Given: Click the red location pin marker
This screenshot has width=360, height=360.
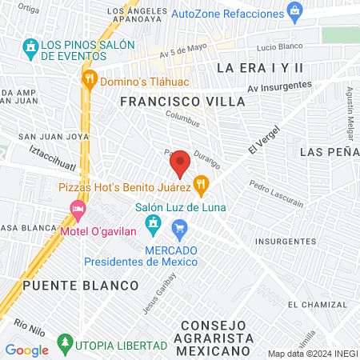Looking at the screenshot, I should tap(180, 163).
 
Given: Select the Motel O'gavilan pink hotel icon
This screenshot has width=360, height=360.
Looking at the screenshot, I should tap(78, 210).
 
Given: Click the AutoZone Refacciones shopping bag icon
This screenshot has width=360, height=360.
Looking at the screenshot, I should tap(296, 12).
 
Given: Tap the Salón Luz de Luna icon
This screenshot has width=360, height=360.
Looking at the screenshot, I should tap(156, 223).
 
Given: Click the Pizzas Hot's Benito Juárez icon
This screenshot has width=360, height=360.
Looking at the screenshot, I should tap(201, 186).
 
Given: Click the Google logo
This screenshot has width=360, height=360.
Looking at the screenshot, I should tap(26, 350).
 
